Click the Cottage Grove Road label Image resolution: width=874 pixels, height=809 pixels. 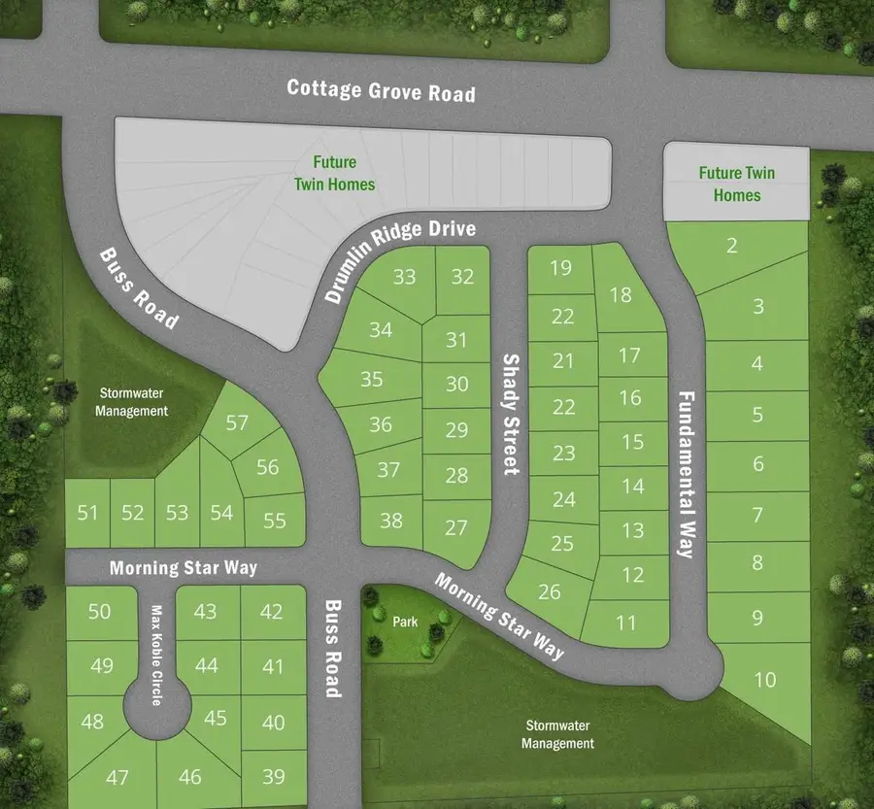(x=382, y=91)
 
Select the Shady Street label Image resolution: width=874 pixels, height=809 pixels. (x=511, y=414)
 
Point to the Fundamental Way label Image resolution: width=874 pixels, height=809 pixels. (x=686, y=474)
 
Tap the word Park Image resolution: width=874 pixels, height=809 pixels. (x=406, y=622)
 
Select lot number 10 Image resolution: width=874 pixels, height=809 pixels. (x=765, y=679)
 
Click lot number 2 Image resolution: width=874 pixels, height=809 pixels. (x=732, y=246)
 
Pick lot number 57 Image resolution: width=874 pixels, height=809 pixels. (x=237, y=422)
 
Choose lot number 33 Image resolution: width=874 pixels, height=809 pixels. (x=404, y=277)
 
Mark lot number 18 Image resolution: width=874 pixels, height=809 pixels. (x=622, y=294)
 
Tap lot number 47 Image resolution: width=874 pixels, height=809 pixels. (x=118, y=777)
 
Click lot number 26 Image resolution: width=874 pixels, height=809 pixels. (x=549, y=590)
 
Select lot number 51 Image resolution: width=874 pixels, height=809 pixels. (x=88, y=512)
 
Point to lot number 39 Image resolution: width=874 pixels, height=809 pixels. (x=273, y=775)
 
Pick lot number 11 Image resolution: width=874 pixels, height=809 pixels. (x=626, y=623)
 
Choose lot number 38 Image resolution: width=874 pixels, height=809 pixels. (x=390, y=521)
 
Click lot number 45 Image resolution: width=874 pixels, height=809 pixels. (x=216, y=718)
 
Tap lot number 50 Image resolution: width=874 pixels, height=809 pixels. (x=100, y=611)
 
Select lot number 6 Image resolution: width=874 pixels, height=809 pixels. (x=758, y=463)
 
